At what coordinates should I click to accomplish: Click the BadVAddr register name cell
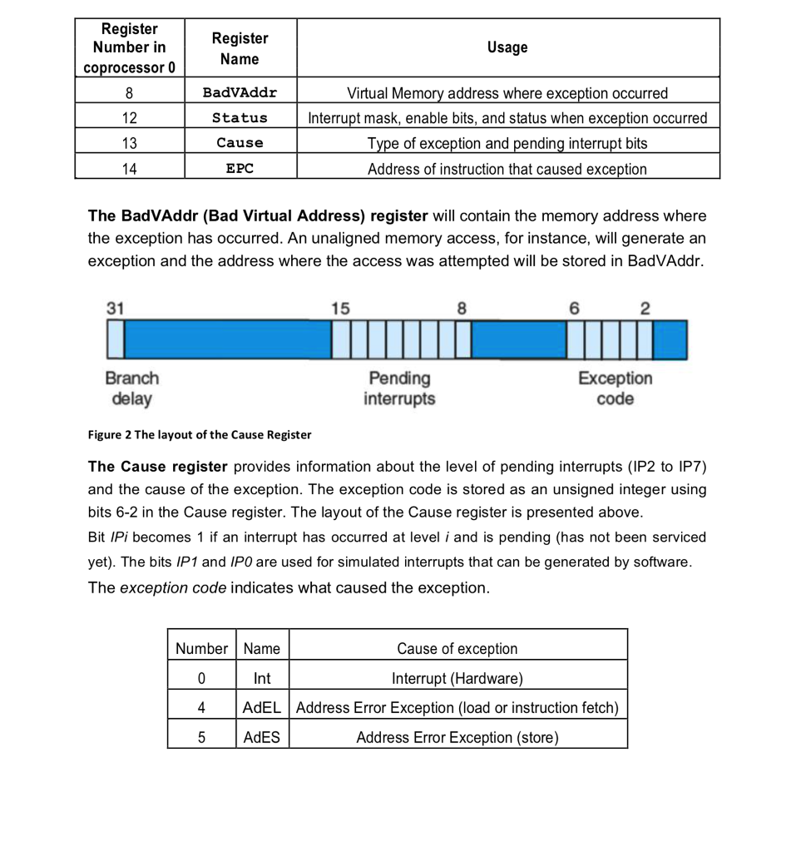click(x=240, y=92)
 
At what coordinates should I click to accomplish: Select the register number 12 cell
click(x=129, y=117)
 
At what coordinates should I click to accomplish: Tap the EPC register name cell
click(x=240, y=168)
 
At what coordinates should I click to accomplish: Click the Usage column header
click(x=507, y=47)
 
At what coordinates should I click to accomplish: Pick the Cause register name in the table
click(x=240, y=143)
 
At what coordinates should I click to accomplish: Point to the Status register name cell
click(x=240, y=117)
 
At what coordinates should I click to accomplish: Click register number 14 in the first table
click(x=129, y=168)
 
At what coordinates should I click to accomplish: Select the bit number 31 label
click(x=115, y=308)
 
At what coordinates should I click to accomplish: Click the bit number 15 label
click(x=340, y=308)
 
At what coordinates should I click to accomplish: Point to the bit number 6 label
click(x=573, y=308)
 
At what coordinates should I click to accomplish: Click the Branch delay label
click(x=131, y=389)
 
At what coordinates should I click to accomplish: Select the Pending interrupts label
click(x=399, y=389)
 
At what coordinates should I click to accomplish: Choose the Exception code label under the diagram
click(x=615, y=389)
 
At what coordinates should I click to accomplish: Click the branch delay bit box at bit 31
click(x=115, y=340)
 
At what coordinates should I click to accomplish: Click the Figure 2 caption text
click(x=200, y=434)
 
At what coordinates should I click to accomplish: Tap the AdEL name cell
click(x=262, y=707)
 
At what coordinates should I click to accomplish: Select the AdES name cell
click(x=262, y=737)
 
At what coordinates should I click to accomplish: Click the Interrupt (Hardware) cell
click(x=457, y=678)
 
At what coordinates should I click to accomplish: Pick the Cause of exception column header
click(x=457, y=648)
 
